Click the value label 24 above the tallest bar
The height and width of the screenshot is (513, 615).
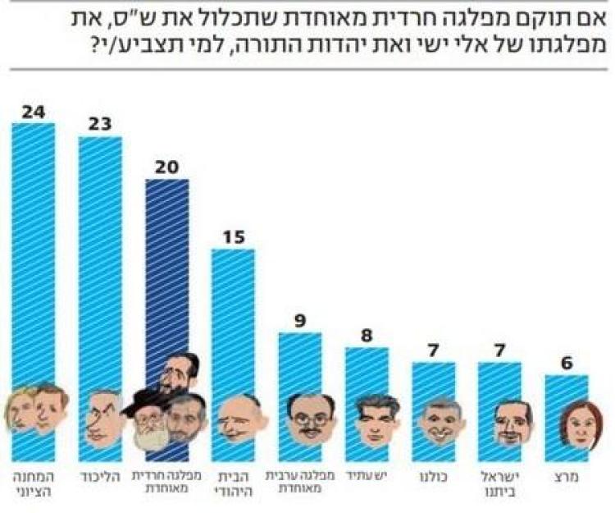[x=33, y=112]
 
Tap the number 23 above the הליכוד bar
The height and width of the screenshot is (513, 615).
[x=100, y=125]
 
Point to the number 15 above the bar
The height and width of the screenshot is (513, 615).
[x=233, y=237]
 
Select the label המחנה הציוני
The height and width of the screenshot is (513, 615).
[x=33, y=482]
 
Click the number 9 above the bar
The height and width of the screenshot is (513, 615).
[x=300, y=321]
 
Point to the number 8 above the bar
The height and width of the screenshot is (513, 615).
[x=367, y=336]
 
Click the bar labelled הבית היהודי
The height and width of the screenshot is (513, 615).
[x=233, y=328]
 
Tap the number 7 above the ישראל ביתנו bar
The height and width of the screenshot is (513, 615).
[x=500, y=350]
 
